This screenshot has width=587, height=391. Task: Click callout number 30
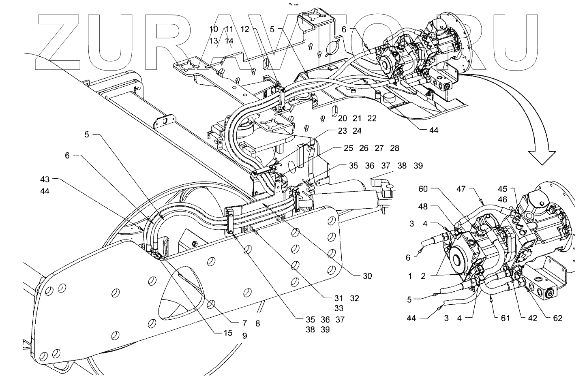tap(367, 276)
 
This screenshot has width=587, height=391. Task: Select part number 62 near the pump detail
tap(558, 318)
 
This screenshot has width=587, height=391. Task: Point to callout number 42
tap(532, 318)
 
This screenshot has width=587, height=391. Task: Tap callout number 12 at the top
tap(244, 29)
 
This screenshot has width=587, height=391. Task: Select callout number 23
tap(342, 131)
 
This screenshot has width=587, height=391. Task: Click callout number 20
tap(343, 118)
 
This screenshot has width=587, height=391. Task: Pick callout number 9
tap(244, 335)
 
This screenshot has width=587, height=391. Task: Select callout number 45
tap(503, 189)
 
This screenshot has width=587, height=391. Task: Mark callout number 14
tap(229, 41)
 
